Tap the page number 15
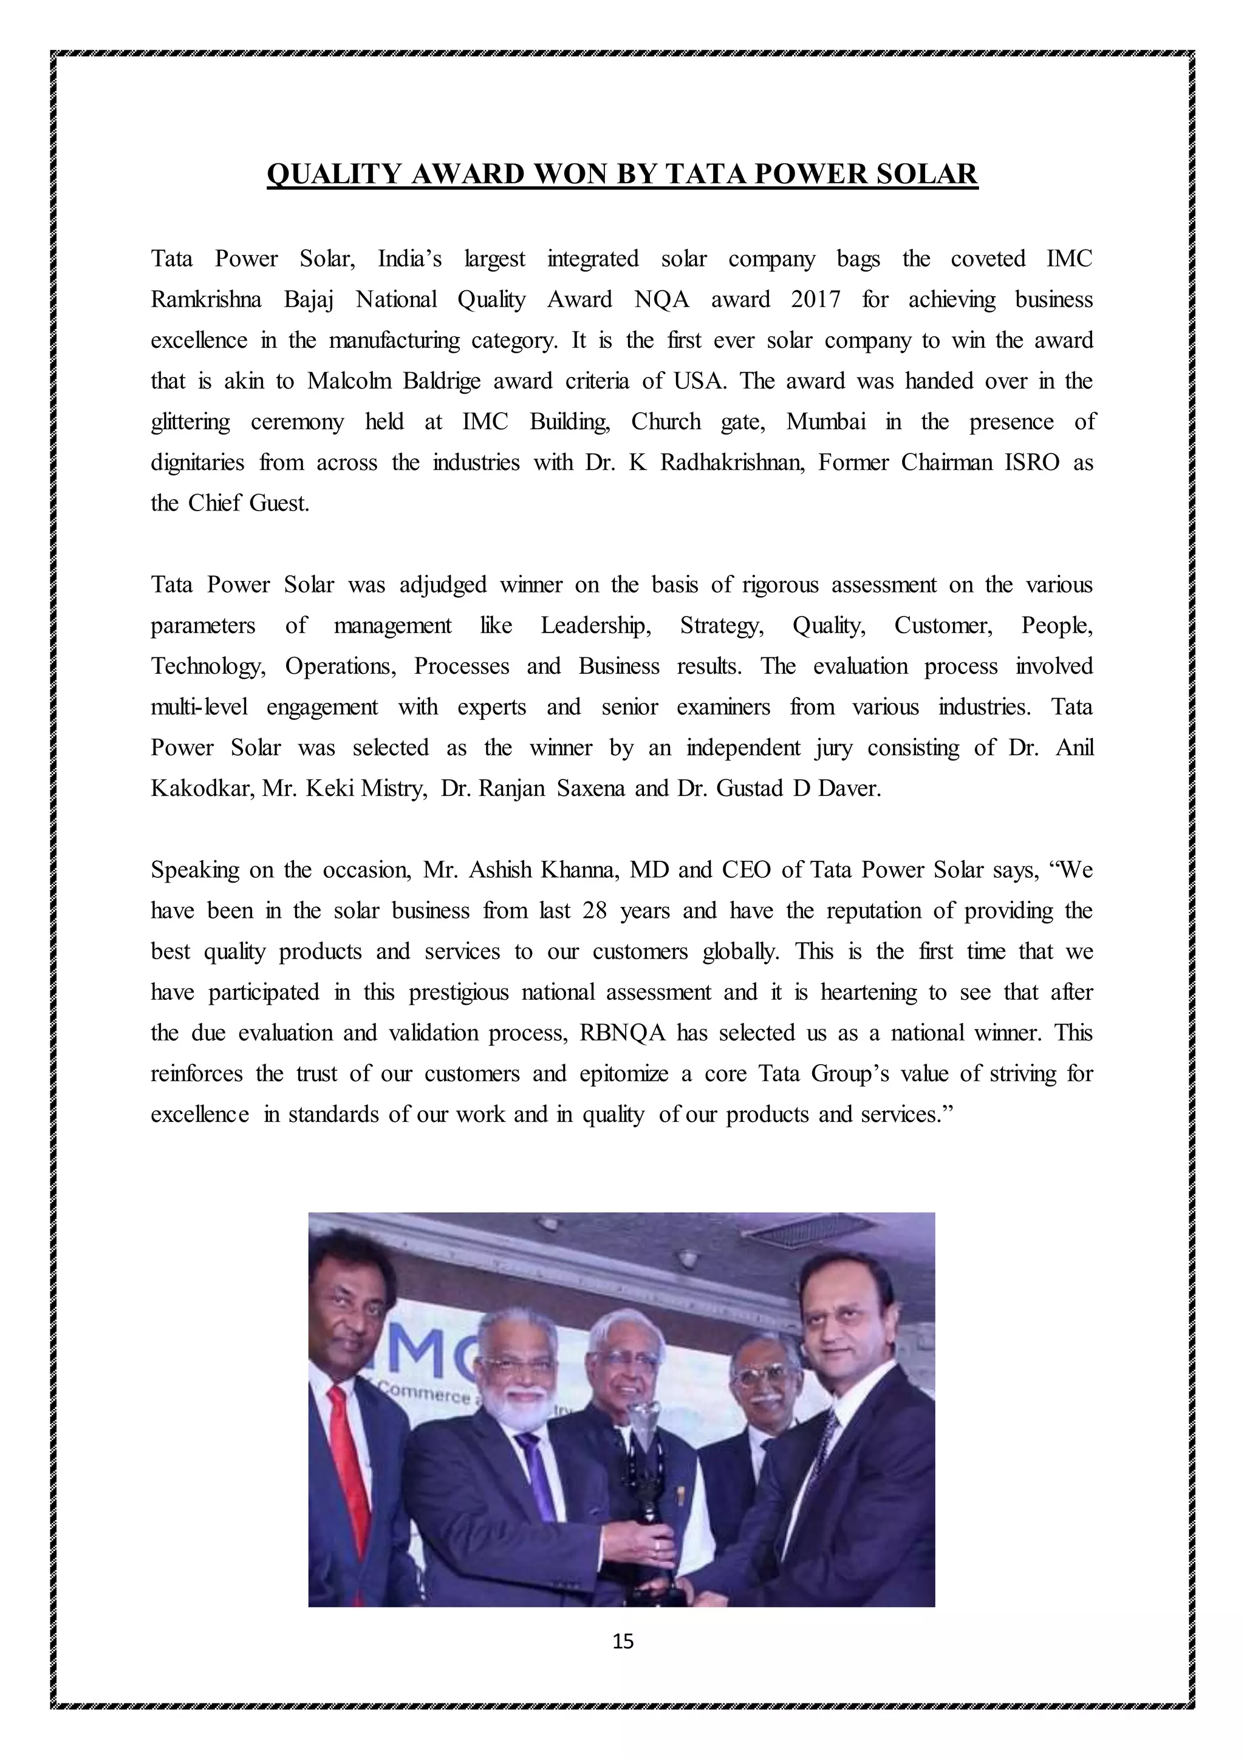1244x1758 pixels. click(x=623, y=1641)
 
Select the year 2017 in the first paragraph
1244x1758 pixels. click(x=815, y=299)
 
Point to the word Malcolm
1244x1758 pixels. click(x=349, y=381)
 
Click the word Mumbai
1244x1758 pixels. click(x=825, y=421)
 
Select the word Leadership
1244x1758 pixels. click(x=595, y=626)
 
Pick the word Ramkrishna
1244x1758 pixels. click(x=205, y=299)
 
